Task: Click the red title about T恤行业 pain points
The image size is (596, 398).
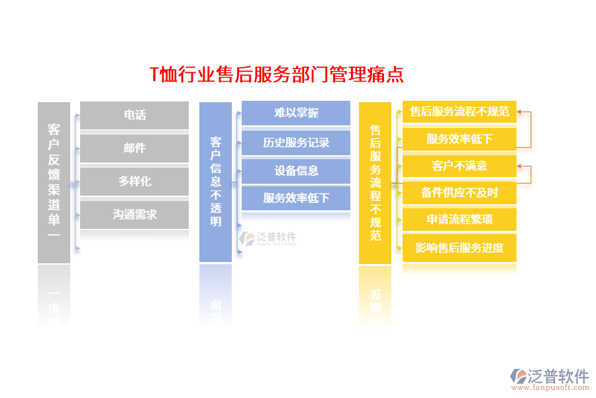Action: pos(277,74)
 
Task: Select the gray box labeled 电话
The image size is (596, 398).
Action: pos(134,115)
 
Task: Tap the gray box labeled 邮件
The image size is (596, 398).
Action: pos(134,148)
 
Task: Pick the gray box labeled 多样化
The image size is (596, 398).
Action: pos(134,181)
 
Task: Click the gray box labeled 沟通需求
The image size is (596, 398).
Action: pos(134,214)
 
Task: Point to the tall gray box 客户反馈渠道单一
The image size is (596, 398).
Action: pos(54,182)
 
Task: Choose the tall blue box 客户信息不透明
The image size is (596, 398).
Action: pos(215,182)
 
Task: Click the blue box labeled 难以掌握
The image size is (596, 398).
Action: pos(296,113)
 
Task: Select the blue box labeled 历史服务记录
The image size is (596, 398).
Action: pos(296,142)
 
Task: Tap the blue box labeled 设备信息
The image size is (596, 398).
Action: pos(296,170)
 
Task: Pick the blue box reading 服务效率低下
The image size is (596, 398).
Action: pos(296,198)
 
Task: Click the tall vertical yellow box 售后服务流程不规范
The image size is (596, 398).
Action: pos(375,182)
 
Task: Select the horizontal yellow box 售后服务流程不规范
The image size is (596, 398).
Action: pos(459,111)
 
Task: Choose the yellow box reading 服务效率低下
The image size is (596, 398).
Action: pos(459,139)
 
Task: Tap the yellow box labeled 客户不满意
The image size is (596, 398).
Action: pos(459,166)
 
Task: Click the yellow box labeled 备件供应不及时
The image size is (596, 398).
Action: pos(459,193)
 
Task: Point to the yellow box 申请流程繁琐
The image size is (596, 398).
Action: pos(459,220)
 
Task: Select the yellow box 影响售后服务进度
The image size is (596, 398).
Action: pos(459,248)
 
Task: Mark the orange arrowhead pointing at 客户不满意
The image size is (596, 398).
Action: pos(521,166)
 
